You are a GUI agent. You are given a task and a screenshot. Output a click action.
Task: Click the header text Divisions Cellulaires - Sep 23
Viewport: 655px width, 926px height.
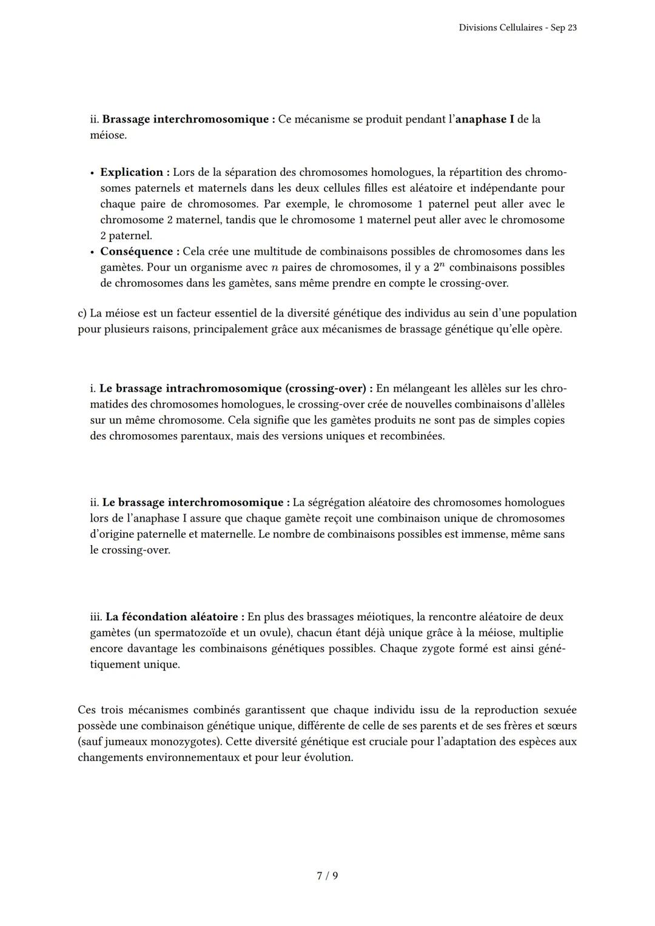coord(517,28)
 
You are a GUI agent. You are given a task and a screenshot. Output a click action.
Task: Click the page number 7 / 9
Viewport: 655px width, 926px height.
coord(327,876)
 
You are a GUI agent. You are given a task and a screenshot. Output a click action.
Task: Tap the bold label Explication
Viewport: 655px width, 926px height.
coord(131,172)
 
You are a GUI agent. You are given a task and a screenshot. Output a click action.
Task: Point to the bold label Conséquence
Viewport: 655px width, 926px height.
coord(136,251)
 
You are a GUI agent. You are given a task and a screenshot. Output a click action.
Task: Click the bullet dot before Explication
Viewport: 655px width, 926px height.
coord(92,173)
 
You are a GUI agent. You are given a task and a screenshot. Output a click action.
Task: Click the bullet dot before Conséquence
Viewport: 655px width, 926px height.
coord(92,252)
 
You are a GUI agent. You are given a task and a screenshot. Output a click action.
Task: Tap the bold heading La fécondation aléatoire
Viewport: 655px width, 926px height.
coord(173,617)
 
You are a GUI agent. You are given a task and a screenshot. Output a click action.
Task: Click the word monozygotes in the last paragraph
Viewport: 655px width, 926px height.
coord(184,742)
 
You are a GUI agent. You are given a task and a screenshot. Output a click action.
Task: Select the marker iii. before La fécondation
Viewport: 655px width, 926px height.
coord(96,617)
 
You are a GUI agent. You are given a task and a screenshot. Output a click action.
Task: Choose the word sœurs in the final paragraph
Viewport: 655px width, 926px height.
coord(562,726)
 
